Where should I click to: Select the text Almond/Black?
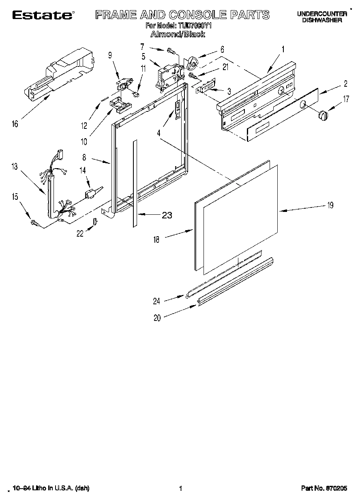(177, 34)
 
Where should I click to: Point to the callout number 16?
(15, 124)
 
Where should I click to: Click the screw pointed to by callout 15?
(34, 222)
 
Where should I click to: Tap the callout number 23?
(167, 215)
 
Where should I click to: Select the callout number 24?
(156, 301)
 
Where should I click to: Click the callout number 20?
(157, 318)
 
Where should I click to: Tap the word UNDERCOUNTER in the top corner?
(322, 14)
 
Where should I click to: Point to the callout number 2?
(345, 84)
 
